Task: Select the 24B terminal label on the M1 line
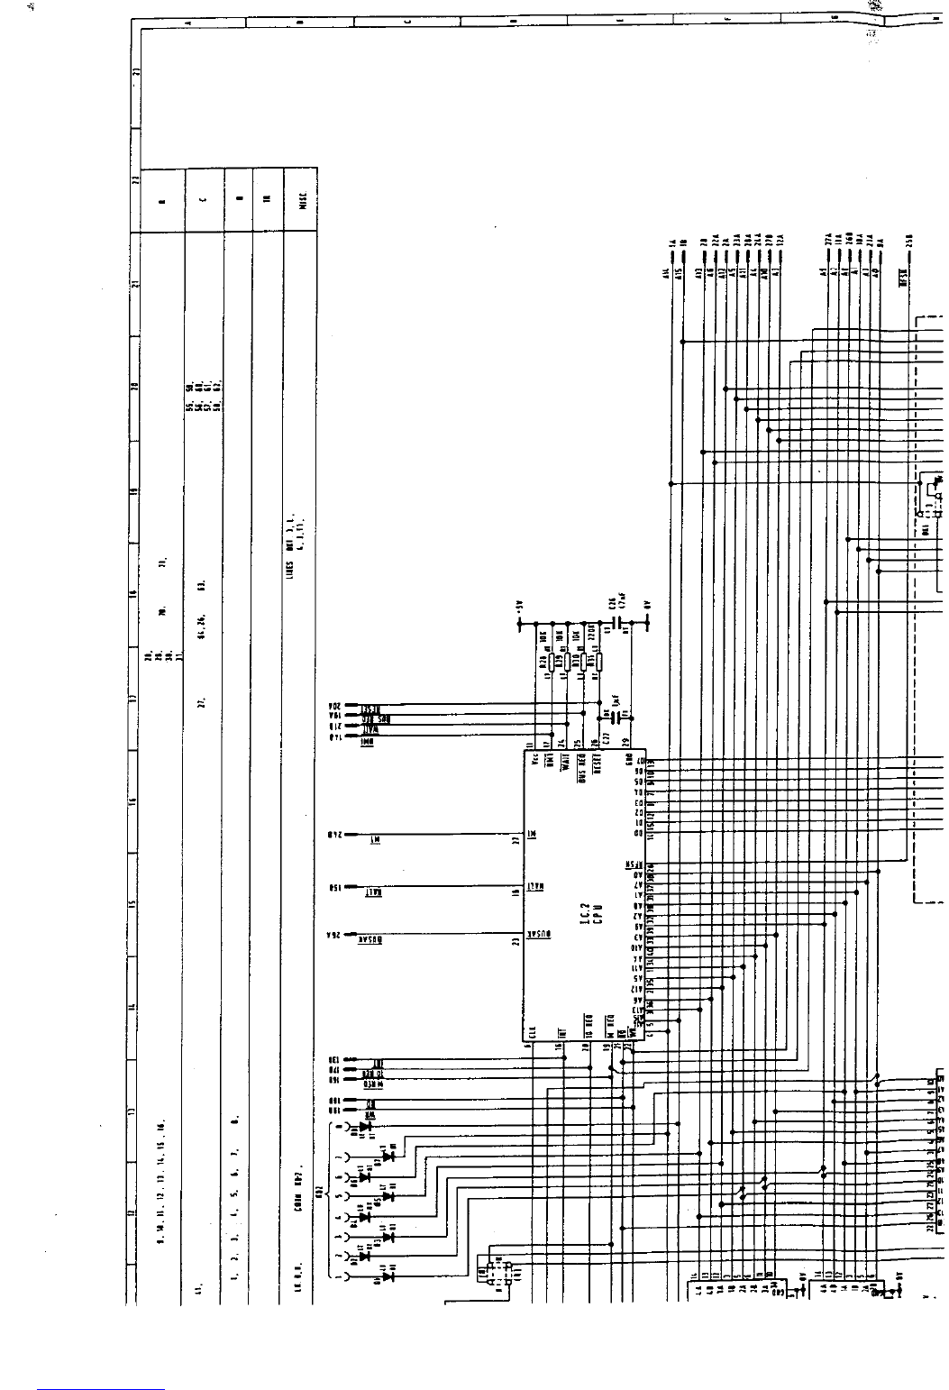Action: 333,836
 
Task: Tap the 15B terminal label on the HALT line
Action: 333,891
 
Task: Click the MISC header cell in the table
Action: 302,199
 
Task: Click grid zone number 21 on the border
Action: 135,283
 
